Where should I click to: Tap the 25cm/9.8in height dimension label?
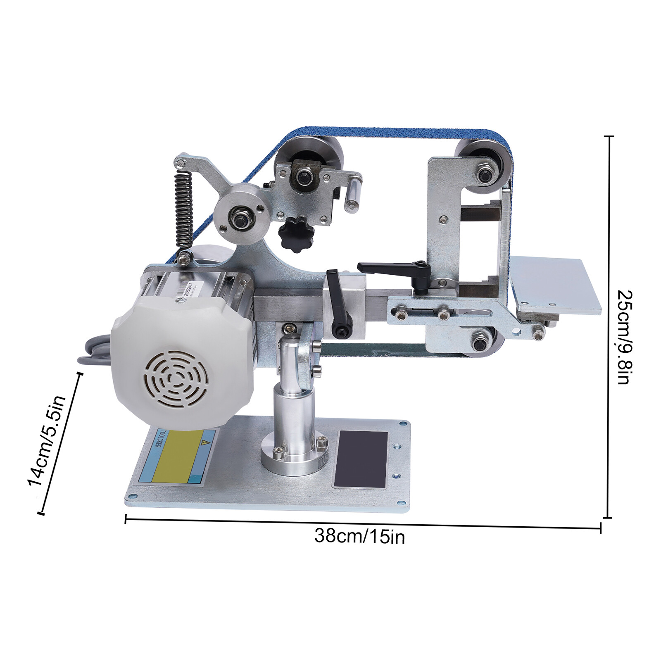tap(623, 337)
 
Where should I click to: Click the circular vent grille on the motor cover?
tap(176, 379)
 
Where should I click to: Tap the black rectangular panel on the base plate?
tap(361, 459)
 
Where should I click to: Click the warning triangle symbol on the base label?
tap(203, 442)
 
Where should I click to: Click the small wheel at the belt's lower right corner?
tap(482, 341)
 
